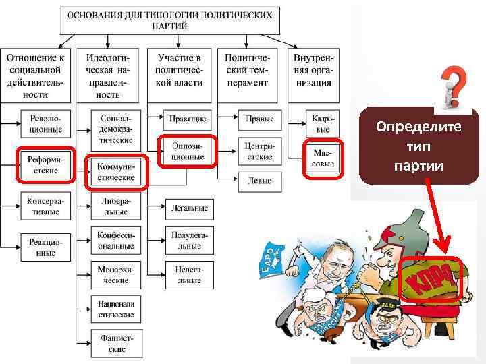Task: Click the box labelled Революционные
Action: point(45,123)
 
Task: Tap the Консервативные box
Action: point(44,206)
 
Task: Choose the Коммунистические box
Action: point(115,171)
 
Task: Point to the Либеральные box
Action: point(115,206)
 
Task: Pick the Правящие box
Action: point(188,119)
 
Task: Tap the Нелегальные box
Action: point(188,273)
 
